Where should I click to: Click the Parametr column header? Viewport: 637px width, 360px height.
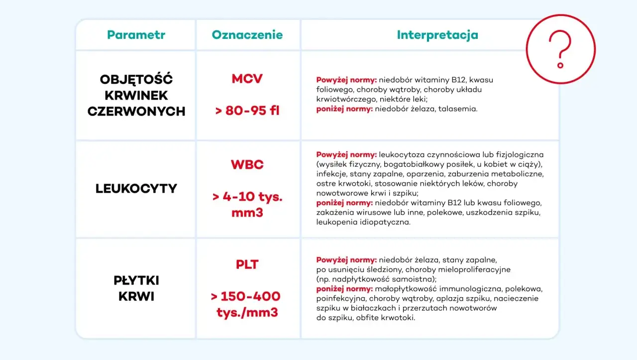(x=136, y=35)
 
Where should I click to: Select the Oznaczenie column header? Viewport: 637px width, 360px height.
(x=247, y=35)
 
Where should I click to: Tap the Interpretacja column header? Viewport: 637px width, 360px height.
(x=437, y=35)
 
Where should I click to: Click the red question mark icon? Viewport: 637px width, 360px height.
(x=560, y=49)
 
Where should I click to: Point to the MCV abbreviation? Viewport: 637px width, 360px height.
(x=247, y=79)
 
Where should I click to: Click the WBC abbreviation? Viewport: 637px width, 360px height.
(x=247, y=165)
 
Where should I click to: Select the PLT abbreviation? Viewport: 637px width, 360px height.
(x=247, y=264)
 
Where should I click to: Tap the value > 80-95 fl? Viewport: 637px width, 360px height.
(x=247, y=111)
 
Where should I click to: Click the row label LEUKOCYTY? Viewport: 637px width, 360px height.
(x=136, y=189)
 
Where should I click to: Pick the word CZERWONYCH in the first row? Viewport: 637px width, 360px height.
(x=136, y=111)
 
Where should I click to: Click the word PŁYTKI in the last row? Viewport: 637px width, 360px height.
(x=136, y=280)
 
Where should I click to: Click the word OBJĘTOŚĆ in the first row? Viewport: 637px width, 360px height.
(x=136, y=79)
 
